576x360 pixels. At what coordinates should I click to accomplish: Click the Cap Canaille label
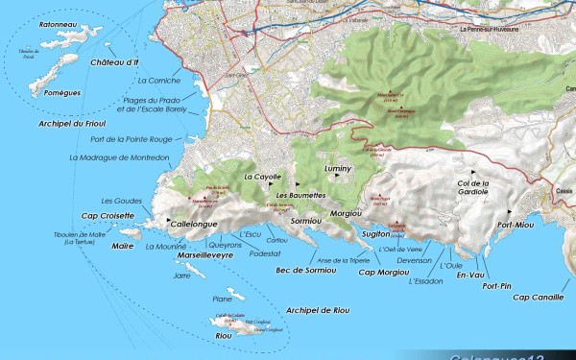pos(539,297)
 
